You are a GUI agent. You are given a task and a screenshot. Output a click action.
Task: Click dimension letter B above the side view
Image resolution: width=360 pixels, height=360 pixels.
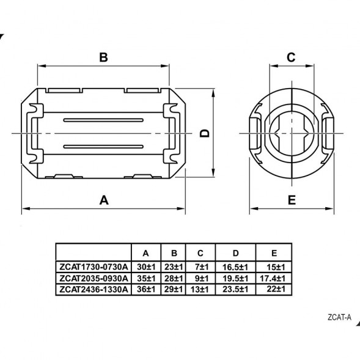point(103,57)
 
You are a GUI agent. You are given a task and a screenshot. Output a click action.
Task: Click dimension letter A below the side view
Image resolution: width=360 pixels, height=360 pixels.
point(104,200)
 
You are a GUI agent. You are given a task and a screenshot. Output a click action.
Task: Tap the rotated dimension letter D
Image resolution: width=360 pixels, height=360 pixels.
point(205,133)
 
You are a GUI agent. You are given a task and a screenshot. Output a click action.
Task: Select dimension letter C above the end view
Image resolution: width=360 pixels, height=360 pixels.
point(291,57)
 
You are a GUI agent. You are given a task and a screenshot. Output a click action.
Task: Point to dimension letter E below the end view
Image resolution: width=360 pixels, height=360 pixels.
point(292,200)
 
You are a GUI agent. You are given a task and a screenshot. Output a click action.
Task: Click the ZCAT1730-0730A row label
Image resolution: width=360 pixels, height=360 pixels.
point(94,267)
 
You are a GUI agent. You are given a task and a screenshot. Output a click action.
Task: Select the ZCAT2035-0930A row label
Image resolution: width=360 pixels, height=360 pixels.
point(94,278)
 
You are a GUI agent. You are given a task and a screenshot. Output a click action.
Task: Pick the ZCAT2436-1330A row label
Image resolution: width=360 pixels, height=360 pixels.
point(94,289)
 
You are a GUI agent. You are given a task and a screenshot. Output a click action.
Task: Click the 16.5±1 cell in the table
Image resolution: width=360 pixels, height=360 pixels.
point(235,267)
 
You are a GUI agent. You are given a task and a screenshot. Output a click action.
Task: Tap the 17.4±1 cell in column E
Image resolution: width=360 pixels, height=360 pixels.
point(273,279)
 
